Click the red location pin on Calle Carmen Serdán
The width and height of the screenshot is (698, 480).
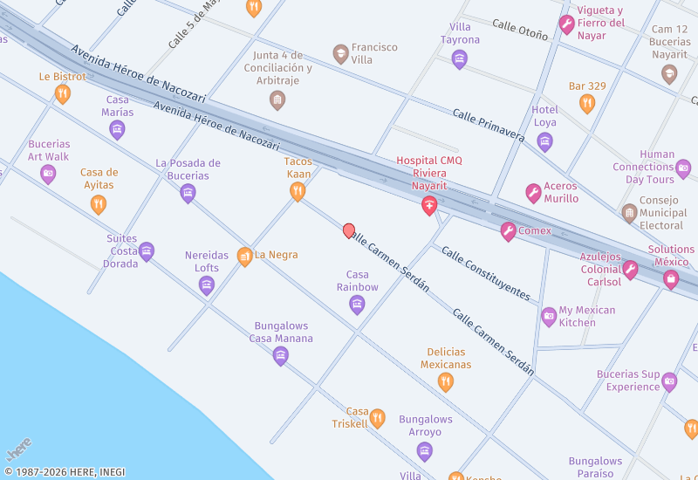[349, 230]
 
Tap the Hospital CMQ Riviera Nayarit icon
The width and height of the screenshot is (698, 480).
[428, 206]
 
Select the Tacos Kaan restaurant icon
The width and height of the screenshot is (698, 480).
[298, 191]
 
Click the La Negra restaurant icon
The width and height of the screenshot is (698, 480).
[244, 256]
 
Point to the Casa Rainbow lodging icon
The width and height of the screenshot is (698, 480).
[357, 304]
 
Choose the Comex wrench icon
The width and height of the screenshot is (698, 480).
[508, 231]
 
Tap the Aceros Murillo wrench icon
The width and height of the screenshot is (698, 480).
[533, 193]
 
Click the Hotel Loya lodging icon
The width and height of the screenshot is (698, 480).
[544, 141]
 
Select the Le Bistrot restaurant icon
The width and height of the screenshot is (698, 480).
[63, 93]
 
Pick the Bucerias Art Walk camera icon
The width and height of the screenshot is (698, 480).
[48, 174]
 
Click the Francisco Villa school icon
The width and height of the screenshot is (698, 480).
[340, 54]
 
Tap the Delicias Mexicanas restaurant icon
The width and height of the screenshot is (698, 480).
[445, 381]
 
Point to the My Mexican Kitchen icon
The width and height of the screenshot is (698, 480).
[549, 317]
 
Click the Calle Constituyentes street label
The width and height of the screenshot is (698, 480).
[486, 273]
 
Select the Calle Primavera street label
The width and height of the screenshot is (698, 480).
[488, 127]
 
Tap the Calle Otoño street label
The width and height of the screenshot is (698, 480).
[520, 30]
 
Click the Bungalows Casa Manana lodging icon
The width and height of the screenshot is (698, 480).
[280, 355]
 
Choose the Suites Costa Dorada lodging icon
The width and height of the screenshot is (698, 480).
[147, 251]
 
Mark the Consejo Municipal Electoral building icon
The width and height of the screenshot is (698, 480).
[629, 213]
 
